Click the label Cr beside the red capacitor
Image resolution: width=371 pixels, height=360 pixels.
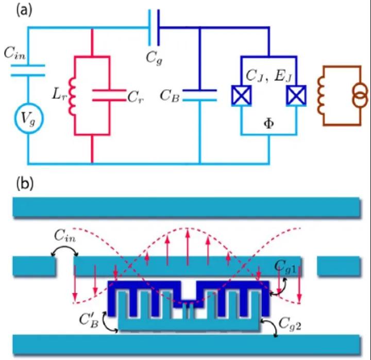pos(136,97)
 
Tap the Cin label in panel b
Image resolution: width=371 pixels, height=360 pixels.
pos(65,238)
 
